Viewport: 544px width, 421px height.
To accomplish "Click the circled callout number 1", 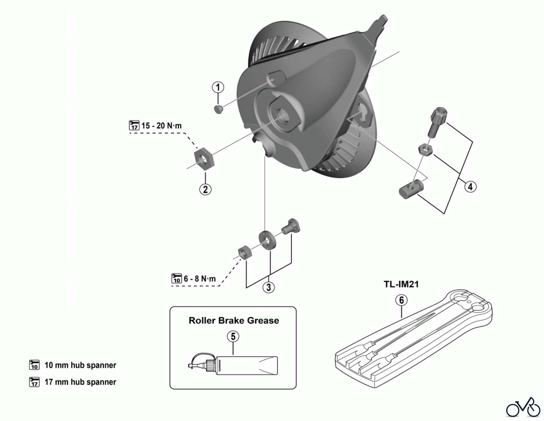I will pos(218,88).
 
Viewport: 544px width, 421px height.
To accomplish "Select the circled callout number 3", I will pos(269,287).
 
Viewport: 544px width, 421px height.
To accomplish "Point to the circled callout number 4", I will pos(470,187).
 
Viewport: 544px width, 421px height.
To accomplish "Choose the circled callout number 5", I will pos(233,336).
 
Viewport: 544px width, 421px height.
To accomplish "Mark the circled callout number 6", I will pos(401,300).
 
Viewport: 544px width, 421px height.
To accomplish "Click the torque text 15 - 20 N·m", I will pos(161,126).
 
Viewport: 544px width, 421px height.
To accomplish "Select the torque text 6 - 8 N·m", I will pos(200,278).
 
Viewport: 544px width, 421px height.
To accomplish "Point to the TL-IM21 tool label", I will pos(401,284).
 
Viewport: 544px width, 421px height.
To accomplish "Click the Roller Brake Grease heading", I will pos(234,320).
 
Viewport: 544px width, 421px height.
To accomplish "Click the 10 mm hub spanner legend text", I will pos(80,365).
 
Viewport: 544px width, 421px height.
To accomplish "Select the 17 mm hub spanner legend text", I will pos(80,382).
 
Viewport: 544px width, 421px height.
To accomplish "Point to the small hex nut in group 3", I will pos(244,252).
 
